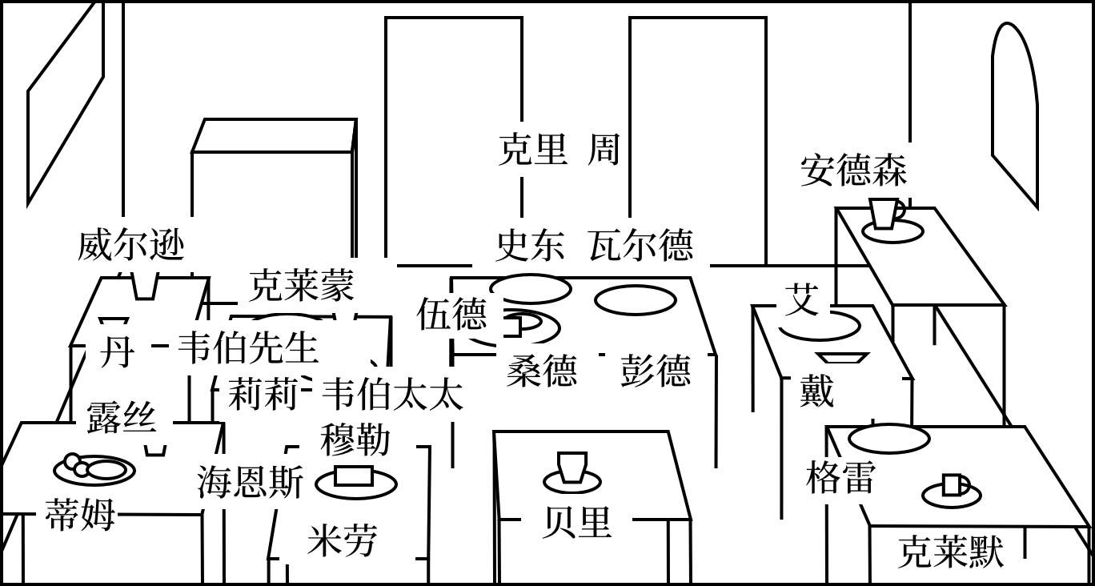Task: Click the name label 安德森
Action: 853,171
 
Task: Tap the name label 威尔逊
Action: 131,244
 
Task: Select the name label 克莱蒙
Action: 301,284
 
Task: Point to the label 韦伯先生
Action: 247,347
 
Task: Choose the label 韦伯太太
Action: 392,394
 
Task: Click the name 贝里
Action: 576,522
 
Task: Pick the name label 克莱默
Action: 950,552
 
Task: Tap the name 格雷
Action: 840,477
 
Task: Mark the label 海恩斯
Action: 251,483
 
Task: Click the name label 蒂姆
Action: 80,514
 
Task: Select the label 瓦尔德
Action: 640,245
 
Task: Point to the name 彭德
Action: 655,371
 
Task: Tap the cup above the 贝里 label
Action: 572,468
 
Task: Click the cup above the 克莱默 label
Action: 953,485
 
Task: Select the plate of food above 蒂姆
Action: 94,468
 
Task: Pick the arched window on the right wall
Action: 1014,112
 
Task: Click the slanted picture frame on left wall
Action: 66,104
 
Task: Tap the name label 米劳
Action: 342,540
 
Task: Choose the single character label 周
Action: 604,150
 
